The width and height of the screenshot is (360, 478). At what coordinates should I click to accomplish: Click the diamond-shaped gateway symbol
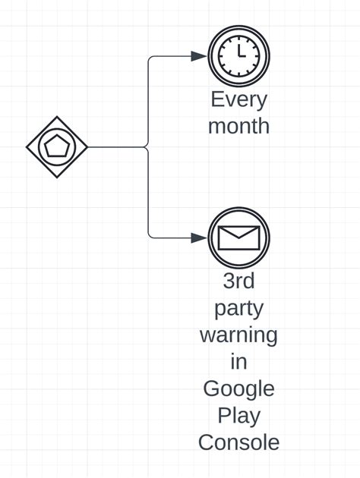57,146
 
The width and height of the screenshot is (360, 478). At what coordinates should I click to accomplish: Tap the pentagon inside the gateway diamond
57,146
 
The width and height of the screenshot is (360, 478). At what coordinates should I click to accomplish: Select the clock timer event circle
238,56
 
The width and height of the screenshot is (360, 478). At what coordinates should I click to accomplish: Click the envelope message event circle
238,237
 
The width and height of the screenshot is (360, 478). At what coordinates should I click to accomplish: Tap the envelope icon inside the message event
238,238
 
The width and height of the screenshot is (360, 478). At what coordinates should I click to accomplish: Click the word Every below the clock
238,99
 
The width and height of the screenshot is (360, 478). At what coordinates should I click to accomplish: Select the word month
238,125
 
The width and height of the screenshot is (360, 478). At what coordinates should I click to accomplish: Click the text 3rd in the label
238,281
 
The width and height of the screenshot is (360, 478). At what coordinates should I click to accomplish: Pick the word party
238,308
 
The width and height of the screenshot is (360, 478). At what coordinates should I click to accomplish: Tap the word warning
238,335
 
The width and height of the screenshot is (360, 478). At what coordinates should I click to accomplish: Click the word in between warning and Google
238,361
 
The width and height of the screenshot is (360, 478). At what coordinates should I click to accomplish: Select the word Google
238,388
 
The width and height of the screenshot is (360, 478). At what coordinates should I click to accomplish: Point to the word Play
238,416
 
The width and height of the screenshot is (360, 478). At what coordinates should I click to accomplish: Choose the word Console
238,442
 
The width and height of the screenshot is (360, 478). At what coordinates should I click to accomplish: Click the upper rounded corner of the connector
150,58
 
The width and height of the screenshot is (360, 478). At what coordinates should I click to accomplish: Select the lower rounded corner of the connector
150,235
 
